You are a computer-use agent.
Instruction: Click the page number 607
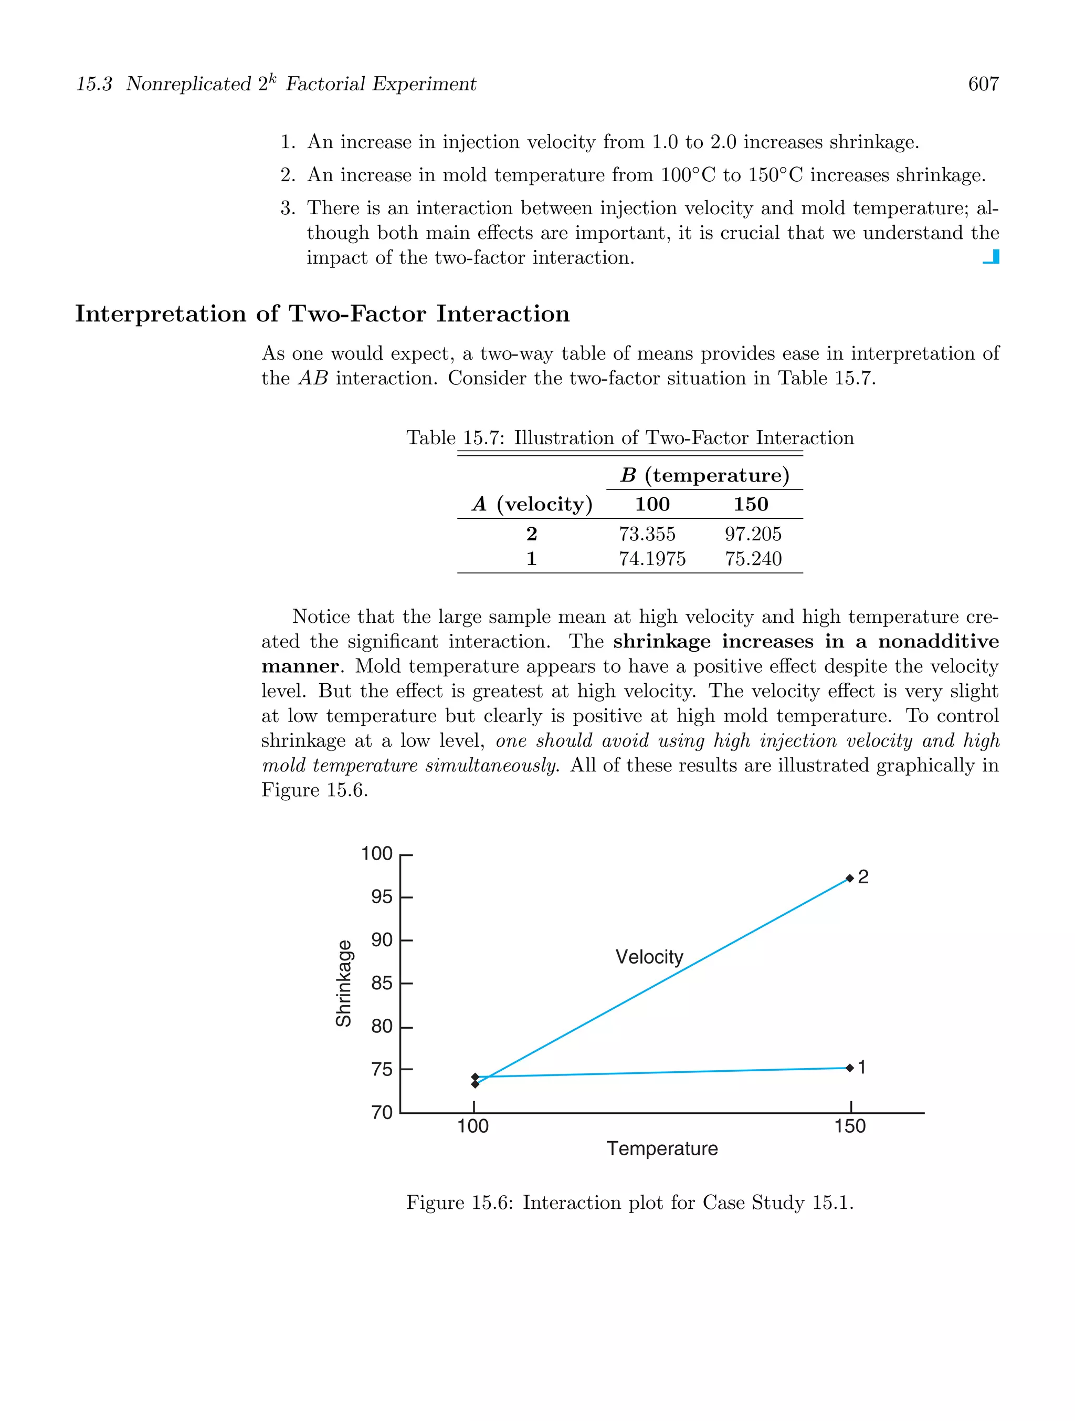(983, 84)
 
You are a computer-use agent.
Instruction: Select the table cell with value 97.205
(753, 534)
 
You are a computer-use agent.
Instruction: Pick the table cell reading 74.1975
(652, 559)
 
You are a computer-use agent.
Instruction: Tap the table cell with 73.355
(647, 534)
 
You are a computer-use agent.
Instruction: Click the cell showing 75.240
(753, 559)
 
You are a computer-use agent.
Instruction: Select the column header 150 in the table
(750, 504)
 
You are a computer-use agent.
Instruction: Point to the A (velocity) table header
(532, 504)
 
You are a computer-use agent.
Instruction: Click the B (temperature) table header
(704, 475)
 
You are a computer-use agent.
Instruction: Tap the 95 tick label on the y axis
(382, 897)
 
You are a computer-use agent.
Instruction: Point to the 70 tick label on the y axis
(382, 1113)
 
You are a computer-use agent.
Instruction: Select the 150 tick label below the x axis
(850, 1126)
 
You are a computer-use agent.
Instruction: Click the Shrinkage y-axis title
(344, 984)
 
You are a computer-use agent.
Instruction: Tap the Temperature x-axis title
(661, 1148)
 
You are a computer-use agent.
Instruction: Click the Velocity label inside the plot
(649, 957)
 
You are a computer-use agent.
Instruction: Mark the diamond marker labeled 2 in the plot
(850, 878)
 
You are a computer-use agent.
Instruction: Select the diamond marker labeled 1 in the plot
(850, 1068)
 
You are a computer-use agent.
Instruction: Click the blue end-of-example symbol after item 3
(992, 257)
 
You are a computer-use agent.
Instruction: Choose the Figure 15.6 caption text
(629, 1203)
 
